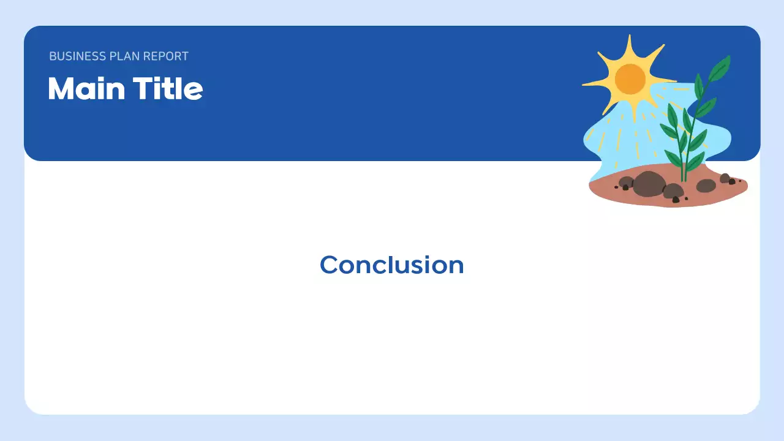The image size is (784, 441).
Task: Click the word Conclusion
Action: click(391, 265)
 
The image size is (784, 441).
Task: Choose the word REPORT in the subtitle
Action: click(166, 56)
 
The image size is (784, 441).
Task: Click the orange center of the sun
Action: click(630, 79)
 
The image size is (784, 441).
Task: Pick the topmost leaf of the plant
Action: click(720, 67)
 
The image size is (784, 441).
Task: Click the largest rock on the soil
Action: click(649, 184)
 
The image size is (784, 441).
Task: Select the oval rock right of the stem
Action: click(706, 186)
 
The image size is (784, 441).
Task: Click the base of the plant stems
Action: click(684, 179)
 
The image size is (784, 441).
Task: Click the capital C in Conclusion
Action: click(329, 265)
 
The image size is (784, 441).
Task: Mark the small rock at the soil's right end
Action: click(725, 178)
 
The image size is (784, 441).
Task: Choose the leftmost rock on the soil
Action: click(626, 182)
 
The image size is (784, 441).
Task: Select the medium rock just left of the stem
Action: click(673, 190)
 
